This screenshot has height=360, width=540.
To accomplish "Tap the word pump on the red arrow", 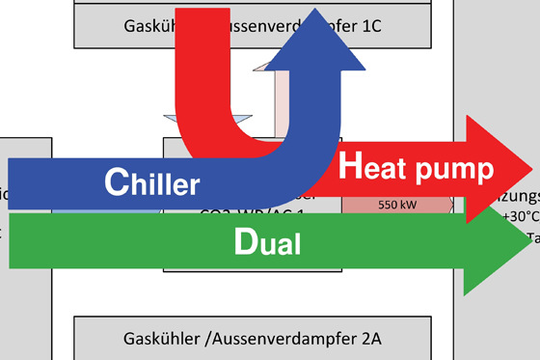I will click(455, 171).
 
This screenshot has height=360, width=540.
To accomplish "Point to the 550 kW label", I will click(396, 205).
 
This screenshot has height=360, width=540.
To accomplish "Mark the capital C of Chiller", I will click(115, 183).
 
